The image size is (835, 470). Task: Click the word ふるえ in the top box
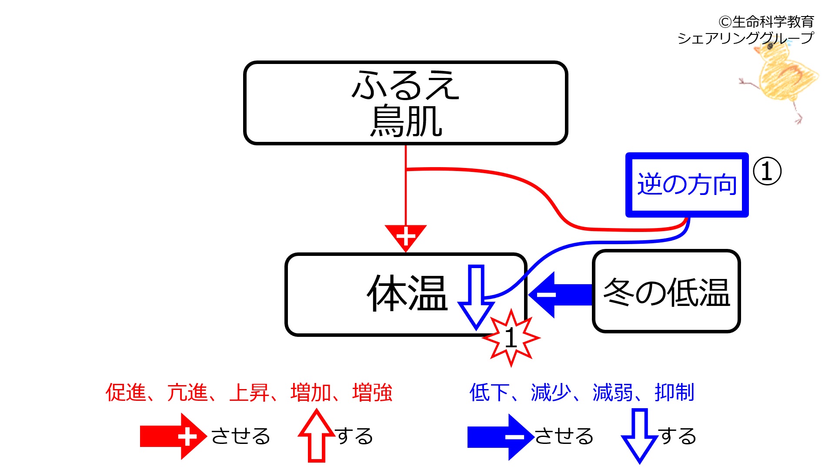tap(405, 85)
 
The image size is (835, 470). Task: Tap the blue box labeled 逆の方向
tap(687, 185)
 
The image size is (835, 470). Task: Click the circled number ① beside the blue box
tap(767, 171)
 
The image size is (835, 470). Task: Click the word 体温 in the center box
tap(407, 293)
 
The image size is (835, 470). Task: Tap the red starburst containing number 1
tap(511, 338)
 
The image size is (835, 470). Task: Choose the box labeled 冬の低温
tap(666, 292)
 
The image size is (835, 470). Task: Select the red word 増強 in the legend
tap(372, 393)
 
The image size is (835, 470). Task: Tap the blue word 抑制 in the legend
tap(674, 393)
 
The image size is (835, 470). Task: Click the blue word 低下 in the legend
tap(489, 393)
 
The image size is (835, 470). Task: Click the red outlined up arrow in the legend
tap(317, 436)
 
